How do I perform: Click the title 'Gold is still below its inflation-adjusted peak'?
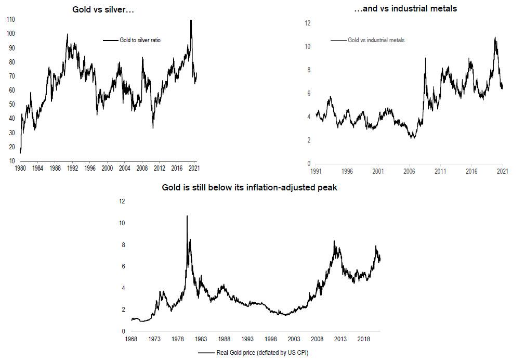pyautogui.click(x=250, y=188)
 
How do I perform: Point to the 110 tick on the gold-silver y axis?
pyautogui.click(x=10, y=19)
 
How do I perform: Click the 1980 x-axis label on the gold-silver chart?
pyautogui.click(x=21, y=169)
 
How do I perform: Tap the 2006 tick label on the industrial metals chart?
pyautogui.click(x=409, y=171)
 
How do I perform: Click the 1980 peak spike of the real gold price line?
pyautogui.click(x=187, y=215)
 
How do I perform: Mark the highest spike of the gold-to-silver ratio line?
pyautogui.click(x=191, y=20)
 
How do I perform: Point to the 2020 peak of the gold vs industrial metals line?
pyautogui.click(x=495, y=37)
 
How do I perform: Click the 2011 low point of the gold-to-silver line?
pyautogui.click(x=153, y=128)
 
